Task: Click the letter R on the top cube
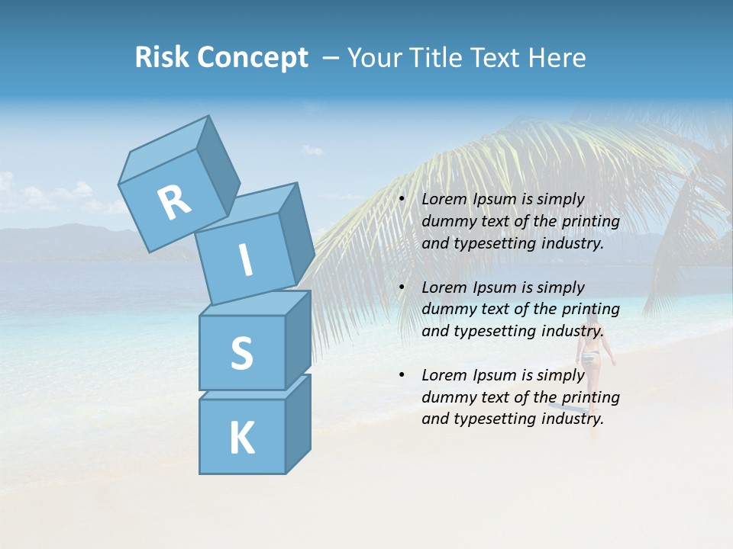point(174,202)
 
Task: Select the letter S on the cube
point(241,353)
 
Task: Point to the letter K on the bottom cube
point(241,438)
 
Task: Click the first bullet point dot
point(402,200)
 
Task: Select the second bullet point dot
point(402,288)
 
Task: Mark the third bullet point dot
point(402,376)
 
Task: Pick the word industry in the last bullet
point(573,419)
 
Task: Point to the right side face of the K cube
point(298,423)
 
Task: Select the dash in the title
point(331,58)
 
